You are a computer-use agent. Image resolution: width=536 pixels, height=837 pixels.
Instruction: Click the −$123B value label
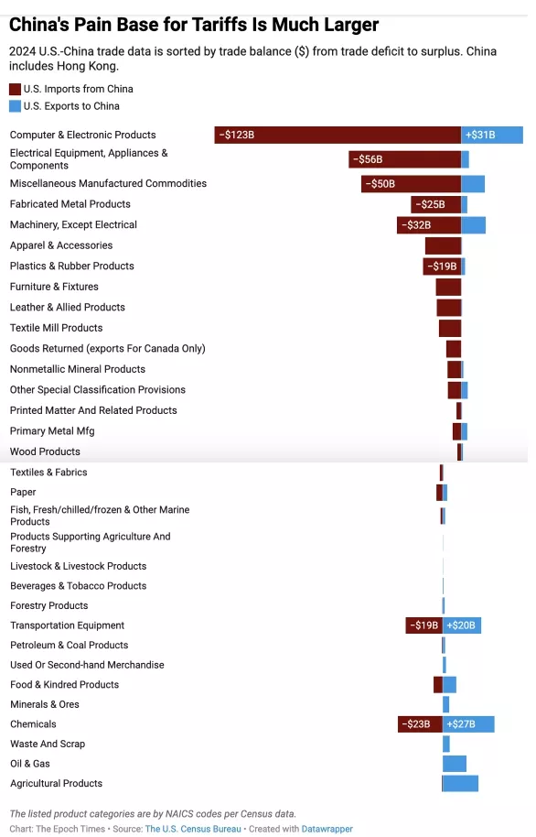coord(237,135)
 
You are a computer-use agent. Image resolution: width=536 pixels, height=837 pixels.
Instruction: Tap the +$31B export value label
coord(480,135)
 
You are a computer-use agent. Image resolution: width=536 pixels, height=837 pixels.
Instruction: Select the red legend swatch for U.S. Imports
coord(15,89)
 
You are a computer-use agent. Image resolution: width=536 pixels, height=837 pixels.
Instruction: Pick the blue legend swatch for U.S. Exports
coord(15,106)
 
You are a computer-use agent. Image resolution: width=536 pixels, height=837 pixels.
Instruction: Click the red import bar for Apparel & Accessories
coord(444,245)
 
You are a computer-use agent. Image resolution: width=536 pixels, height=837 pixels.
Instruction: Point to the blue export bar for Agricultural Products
coord(460,783)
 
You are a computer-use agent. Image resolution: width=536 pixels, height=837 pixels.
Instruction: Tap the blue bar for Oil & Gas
coord(455,764)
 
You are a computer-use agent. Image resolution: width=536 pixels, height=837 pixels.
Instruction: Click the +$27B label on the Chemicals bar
coord(461,724)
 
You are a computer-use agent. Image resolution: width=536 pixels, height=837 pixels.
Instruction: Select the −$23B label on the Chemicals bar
coord(415,724)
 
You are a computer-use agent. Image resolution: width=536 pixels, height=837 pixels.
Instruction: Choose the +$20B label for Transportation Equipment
coord(461,625)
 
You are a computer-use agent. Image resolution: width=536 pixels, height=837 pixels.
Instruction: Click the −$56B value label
coord(368,159)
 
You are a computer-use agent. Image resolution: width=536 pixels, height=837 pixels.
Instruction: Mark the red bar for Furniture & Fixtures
coord(448,287)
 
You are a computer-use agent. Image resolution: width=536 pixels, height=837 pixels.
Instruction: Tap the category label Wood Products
coord(45,451)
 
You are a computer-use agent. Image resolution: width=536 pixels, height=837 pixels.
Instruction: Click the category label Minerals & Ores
coord(45,704)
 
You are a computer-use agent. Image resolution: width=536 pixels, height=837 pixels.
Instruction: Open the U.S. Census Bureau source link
coord(193,829)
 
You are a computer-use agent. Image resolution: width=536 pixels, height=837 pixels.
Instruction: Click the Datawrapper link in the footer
coord(327,829)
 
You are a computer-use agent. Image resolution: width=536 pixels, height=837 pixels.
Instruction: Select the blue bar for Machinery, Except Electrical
coord(474,225)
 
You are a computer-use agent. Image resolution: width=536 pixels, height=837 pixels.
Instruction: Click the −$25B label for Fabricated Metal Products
coord(430,204)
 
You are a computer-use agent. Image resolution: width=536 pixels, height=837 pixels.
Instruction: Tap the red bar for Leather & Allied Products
coord(449,308)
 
